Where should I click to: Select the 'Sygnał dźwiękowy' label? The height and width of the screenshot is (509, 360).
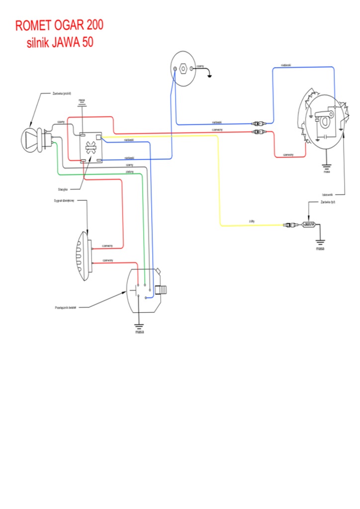click(64, 201)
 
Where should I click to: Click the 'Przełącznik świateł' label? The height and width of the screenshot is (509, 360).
click(65, 308)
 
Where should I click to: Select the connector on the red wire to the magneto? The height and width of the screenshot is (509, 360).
click(260, 132)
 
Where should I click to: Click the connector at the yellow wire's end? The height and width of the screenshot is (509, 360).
click(289, 225)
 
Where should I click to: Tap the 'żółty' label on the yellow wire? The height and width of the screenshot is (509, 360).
click(252, 221)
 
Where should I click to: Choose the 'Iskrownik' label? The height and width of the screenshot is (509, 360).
click(327, 195)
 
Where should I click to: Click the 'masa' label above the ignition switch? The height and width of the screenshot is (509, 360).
click(82, 100)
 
